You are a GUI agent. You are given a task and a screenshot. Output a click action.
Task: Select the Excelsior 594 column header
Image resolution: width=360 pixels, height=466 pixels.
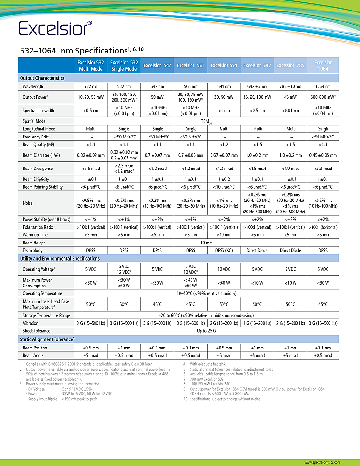pos(223,66)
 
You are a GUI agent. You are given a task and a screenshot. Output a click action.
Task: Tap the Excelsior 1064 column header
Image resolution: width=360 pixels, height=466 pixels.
pos(323,65)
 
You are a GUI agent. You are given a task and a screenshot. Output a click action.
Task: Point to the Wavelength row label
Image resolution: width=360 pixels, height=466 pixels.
pos(33,86)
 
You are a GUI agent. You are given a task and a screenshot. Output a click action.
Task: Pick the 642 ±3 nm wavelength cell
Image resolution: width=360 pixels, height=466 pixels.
pos(257,86)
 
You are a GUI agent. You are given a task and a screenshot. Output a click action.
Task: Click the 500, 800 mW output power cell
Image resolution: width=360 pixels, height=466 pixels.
pos(323,97)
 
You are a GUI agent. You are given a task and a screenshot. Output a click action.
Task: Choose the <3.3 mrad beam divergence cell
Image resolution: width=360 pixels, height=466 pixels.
pos(323,169)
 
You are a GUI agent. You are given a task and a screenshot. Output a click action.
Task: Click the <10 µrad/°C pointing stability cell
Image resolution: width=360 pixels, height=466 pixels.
pos(223,187)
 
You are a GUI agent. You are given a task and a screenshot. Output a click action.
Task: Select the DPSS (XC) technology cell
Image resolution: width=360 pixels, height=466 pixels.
pos(223,250)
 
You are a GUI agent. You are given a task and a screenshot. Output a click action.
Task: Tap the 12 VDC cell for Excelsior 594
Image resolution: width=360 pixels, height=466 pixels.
pos(223,269)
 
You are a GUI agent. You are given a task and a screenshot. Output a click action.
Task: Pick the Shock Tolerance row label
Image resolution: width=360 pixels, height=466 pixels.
pos(37,331)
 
